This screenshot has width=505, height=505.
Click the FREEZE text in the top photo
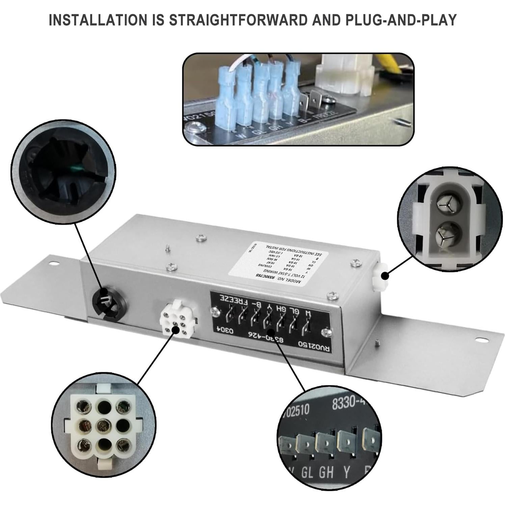point(324,117)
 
